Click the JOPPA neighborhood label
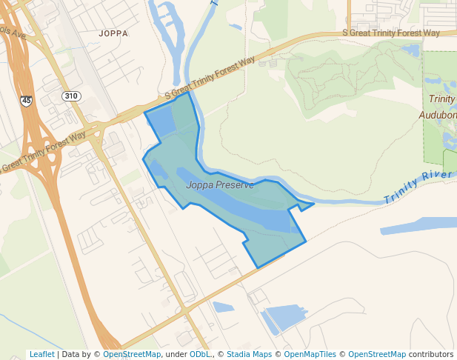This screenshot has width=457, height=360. (113, 33)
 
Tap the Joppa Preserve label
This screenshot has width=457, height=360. (220, 184)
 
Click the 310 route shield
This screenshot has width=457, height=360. (71, 96)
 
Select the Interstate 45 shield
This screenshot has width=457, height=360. (27, 100)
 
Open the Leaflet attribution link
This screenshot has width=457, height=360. (41, 354)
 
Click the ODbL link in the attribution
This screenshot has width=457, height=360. (200, 354)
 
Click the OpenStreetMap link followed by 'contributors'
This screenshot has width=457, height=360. (376, 354)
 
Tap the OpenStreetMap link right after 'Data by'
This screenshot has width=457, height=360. (132, 354)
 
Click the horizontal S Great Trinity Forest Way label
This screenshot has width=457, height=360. (390, 33)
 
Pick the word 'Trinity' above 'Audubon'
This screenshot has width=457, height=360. (441, 99)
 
